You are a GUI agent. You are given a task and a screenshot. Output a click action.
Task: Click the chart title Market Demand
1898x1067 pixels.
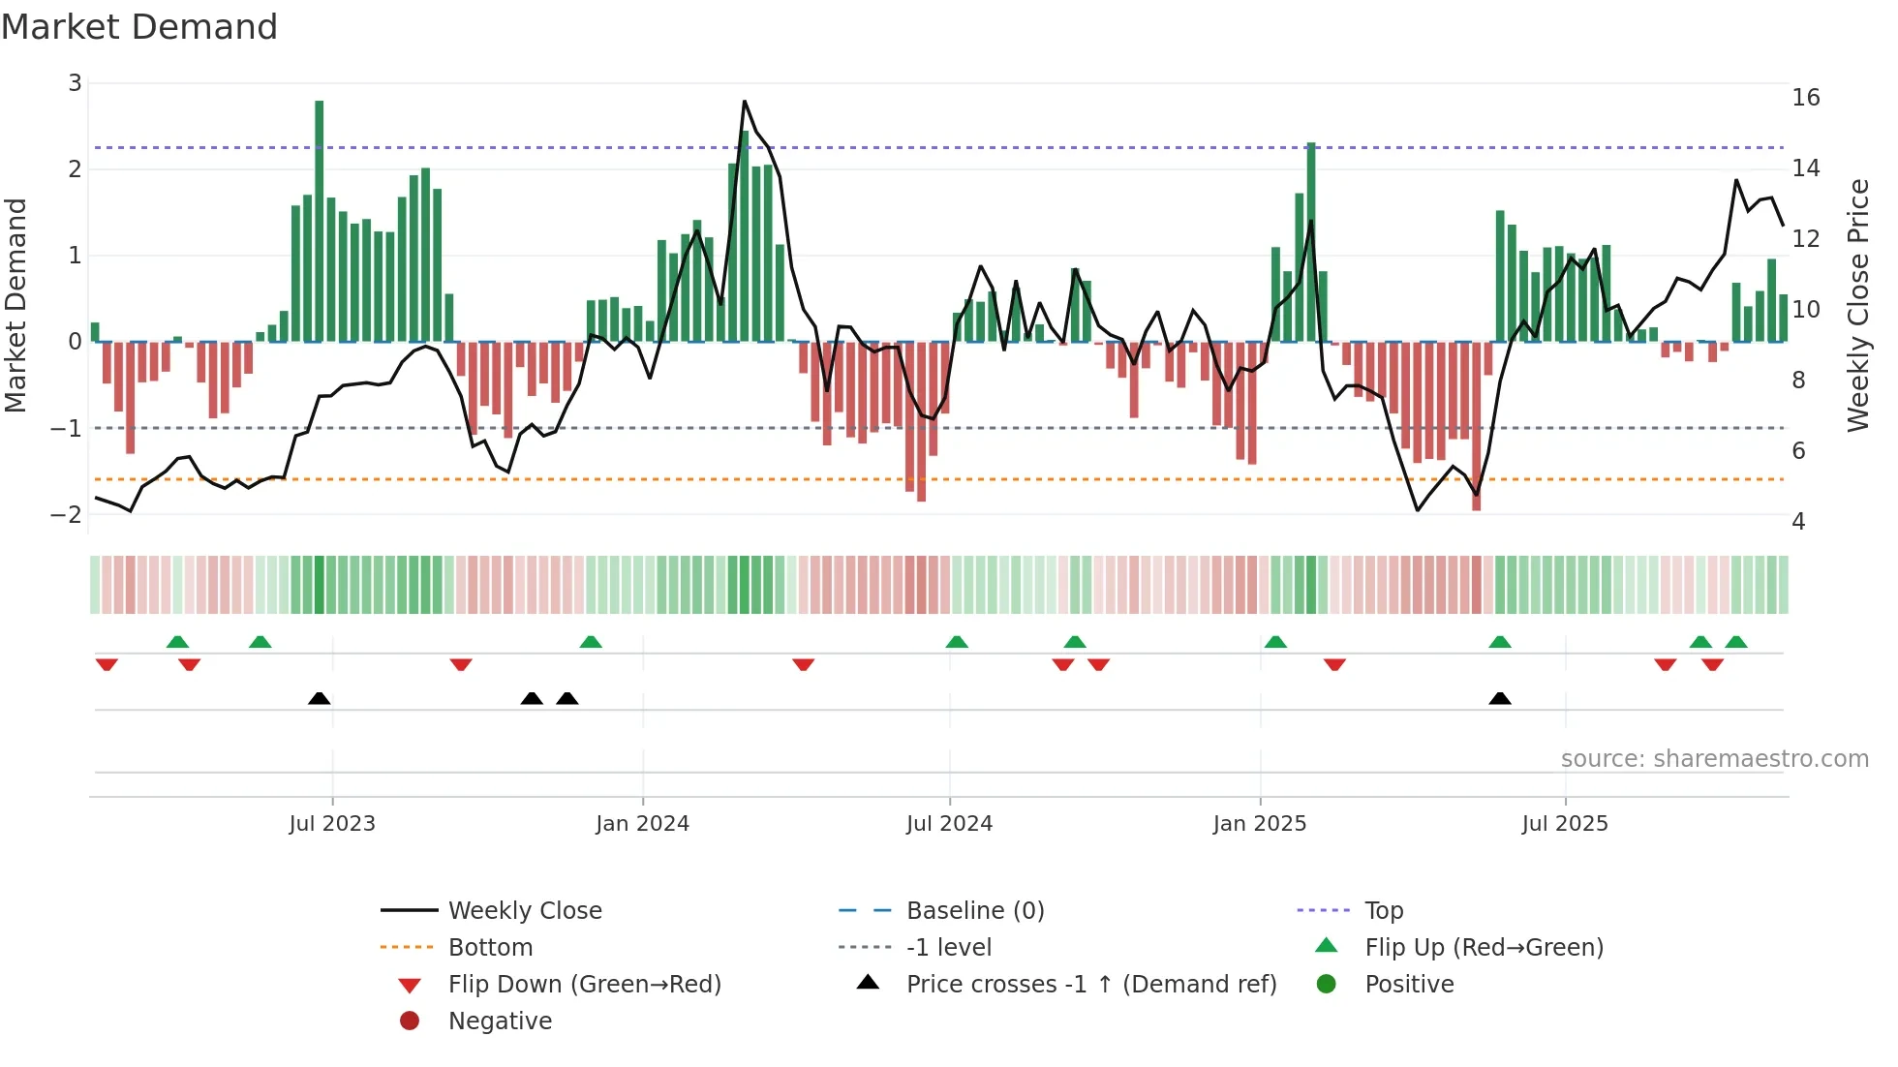point(139,27)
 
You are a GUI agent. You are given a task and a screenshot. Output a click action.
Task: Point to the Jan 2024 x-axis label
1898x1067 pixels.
point(642,824)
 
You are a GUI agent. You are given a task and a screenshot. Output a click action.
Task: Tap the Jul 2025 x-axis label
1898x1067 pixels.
point(1564,824)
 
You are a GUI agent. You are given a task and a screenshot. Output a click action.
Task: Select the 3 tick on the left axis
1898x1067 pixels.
point(75,83)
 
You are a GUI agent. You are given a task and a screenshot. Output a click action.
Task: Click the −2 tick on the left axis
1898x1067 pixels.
point(66,514)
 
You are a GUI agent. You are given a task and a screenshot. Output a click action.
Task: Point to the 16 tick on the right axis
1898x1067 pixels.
point(1805,98)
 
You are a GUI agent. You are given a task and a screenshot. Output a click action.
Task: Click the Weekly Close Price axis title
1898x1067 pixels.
point(1857,305)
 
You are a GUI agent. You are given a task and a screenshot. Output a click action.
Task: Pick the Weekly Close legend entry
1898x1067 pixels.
point(524,911)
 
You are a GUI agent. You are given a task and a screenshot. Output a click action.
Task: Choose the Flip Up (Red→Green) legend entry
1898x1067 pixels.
point(1484,948)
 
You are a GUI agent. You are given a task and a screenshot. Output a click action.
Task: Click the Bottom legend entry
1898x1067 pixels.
point(490,948)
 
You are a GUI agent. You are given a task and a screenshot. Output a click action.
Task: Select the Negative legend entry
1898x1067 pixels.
point(500,1021)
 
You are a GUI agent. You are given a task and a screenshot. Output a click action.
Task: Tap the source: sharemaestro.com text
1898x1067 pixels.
point(1714,759)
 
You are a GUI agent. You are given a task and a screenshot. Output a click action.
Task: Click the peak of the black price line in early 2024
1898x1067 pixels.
point(744,101)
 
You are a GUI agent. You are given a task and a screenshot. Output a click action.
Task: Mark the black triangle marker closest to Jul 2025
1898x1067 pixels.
point(1499,698)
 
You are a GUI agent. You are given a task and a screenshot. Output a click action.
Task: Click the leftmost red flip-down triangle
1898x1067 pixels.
point(107,664)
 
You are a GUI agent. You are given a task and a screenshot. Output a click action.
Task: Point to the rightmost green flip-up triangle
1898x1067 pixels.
point(1735,642)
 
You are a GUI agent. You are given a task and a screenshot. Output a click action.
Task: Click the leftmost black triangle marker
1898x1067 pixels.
point(319,698)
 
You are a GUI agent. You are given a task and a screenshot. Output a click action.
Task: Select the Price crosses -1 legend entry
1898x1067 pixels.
point(1090,985)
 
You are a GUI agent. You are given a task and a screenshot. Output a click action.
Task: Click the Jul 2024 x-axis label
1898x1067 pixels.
point(949,824)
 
